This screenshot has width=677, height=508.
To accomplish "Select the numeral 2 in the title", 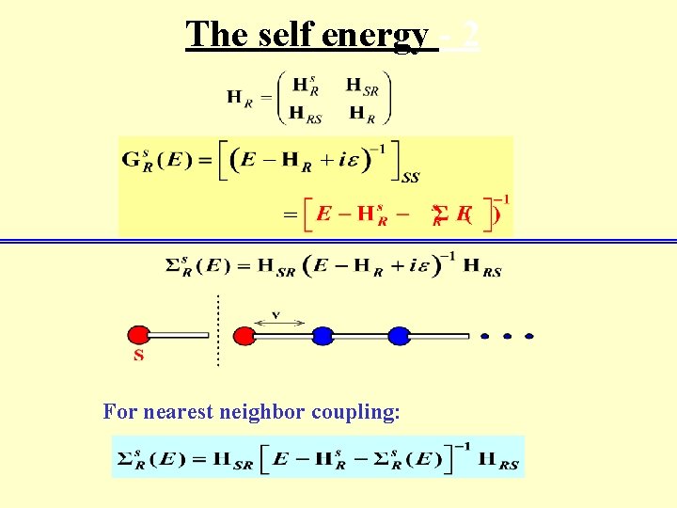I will point(470,36).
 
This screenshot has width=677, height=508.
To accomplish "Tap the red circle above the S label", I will point(139,335).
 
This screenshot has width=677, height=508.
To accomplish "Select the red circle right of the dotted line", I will point(244,335).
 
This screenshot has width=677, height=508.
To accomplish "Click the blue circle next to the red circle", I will point(323,335).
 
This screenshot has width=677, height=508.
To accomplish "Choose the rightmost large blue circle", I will point(400,335).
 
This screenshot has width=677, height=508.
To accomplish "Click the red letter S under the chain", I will point(139,356).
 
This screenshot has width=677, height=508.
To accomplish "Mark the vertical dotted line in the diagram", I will point(218,329).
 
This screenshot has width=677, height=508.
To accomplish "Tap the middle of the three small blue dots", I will point(507,336).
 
